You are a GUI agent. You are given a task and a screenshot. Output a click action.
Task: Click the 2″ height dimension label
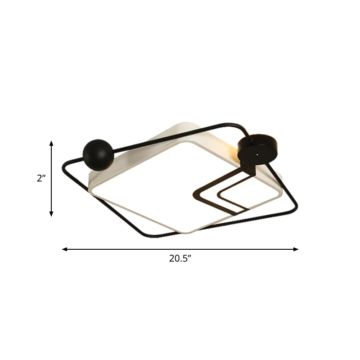pyautogui.click(x=41, y=178)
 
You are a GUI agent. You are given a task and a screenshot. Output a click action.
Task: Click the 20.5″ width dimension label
pyautogui.click(x=180, y=258)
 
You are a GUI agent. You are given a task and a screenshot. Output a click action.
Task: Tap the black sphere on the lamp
pyautogui.click(x=98, y=155)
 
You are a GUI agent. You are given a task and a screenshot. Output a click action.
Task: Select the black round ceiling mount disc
pyautogui.click(x=257, y=149)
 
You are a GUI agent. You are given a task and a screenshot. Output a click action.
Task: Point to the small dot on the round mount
pyautogui.click(x=257, y=155)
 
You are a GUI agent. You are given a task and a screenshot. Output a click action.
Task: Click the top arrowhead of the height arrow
pyautogui.click(x=51, y=143)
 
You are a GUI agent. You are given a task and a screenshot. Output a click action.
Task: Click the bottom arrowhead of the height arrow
pyautogui.click(x=51, y=214)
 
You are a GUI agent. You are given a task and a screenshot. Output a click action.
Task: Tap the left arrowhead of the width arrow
pyautogui.click(x=65, y=249)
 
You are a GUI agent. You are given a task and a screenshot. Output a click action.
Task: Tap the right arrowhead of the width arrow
pyautogui.click(x=296, y=249)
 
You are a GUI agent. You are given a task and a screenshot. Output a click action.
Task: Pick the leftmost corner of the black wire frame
pyautogui.click(x=63, y=167)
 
